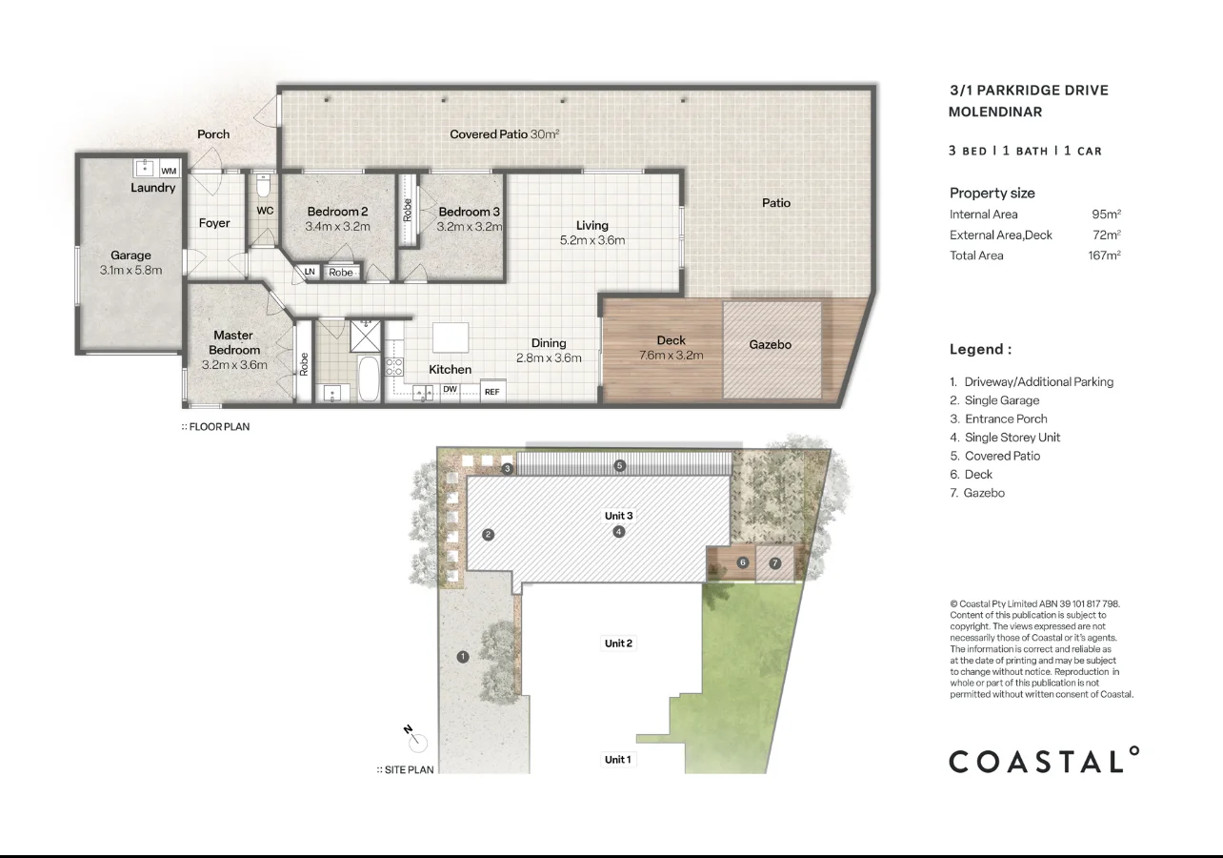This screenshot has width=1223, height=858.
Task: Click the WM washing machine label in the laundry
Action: pos(169,171)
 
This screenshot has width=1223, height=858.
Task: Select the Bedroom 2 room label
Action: pos(337,212)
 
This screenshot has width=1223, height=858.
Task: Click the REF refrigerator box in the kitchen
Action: pos(492,391)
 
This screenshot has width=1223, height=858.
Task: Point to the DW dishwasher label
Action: pos(450,390)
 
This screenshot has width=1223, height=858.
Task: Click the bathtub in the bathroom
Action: pos(367,379)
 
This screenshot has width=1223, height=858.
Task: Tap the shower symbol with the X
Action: pos(363,335)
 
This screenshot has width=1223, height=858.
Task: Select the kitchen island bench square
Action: pos(451,338)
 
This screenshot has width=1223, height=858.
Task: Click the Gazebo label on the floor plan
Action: pos(770,344)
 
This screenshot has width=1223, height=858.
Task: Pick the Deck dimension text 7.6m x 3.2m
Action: pos(671,356)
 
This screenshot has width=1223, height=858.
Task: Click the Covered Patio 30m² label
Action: pos(504,134)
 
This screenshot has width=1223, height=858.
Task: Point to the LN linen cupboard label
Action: pos(310,272)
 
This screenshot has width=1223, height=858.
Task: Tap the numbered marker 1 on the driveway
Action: pos(463,656)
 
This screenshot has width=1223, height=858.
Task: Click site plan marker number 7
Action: pos(774,563)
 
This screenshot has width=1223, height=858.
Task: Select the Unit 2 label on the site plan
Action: pos(618,643)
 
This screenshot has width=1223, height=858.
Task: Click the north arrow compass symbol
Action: pos(417,741)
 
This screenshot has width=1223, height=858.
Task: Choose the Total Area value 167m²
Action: pos(1104,255)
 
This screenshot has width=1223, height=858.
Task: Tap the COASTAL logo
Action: pos(1044,761)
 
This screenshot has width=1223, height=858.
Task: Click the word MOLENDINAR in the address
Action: pos(995,112)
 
